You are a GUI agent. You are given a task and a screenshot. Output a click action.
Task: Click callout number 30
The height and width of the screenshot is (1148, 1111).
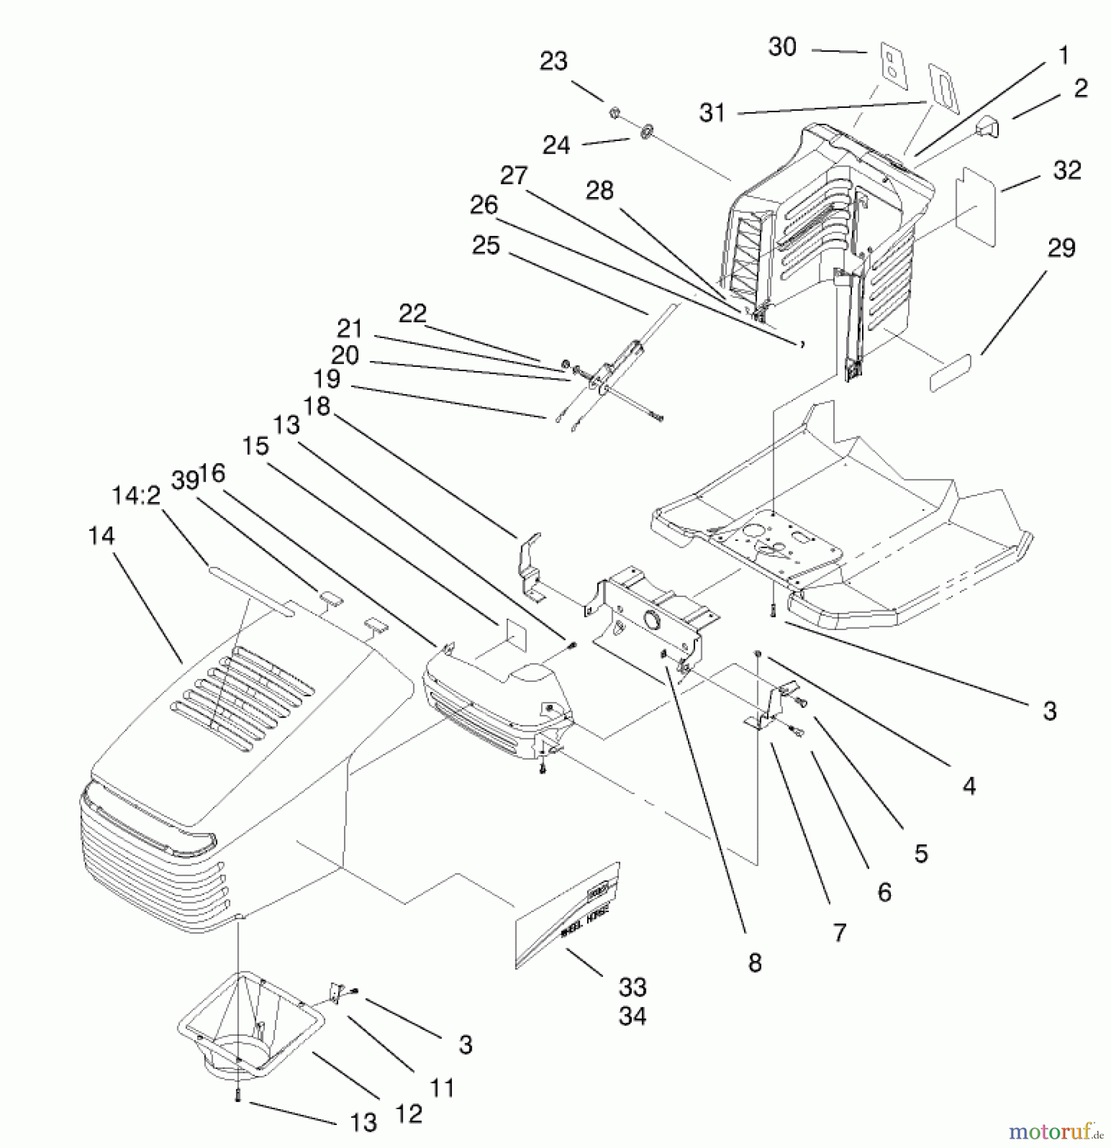(782, 47)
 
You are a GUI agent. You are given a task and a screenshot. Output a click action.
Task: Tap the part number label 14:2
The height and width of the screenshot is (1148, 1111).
(136, 496)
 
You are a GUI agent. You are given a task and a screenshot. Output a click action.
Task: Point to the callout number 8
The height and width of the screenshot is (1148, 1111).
(755, 963)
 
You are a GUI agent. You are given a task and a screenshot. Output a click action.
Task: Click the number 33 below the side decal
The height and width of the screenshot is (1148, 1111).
(632, 987)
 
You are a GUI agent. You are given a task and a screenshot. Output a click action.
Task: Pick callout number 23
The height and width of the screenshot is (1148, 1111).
(553, 62)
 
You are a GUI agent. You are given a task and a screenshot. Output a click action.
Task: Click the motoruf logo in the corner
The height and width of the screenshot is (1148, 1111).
(1055, 1131)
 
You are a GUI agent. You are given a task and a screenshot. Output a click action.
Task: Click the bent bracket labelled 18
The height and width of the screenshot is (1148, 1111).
(531, 566)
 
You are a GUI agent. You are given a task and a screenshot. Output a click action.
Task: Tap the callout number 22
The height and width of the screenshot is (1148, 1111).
(412, 314)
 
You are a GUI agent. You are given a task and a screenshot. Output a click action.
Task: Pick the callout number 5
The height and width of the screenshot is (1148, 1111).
(920, 854)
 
